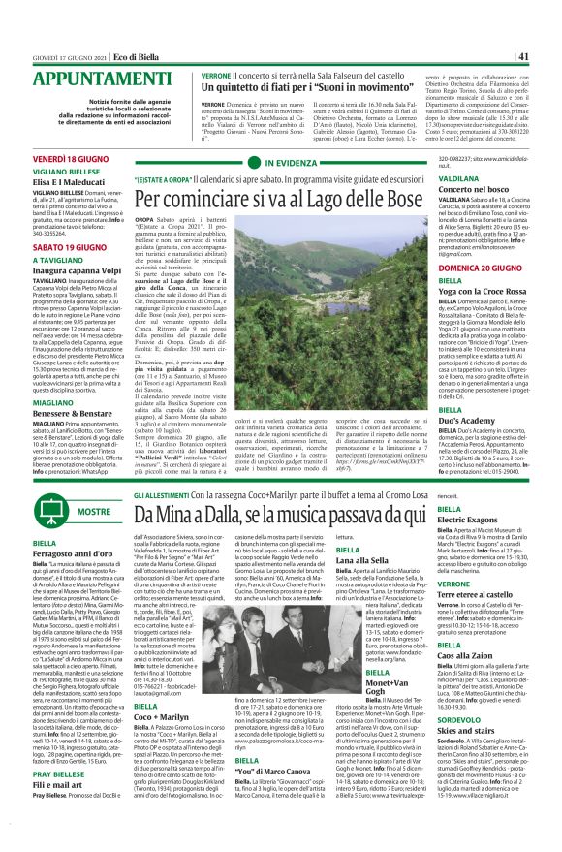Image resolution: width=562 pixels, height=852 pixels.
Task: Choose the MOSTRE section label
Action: click(x=93, y=510)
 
